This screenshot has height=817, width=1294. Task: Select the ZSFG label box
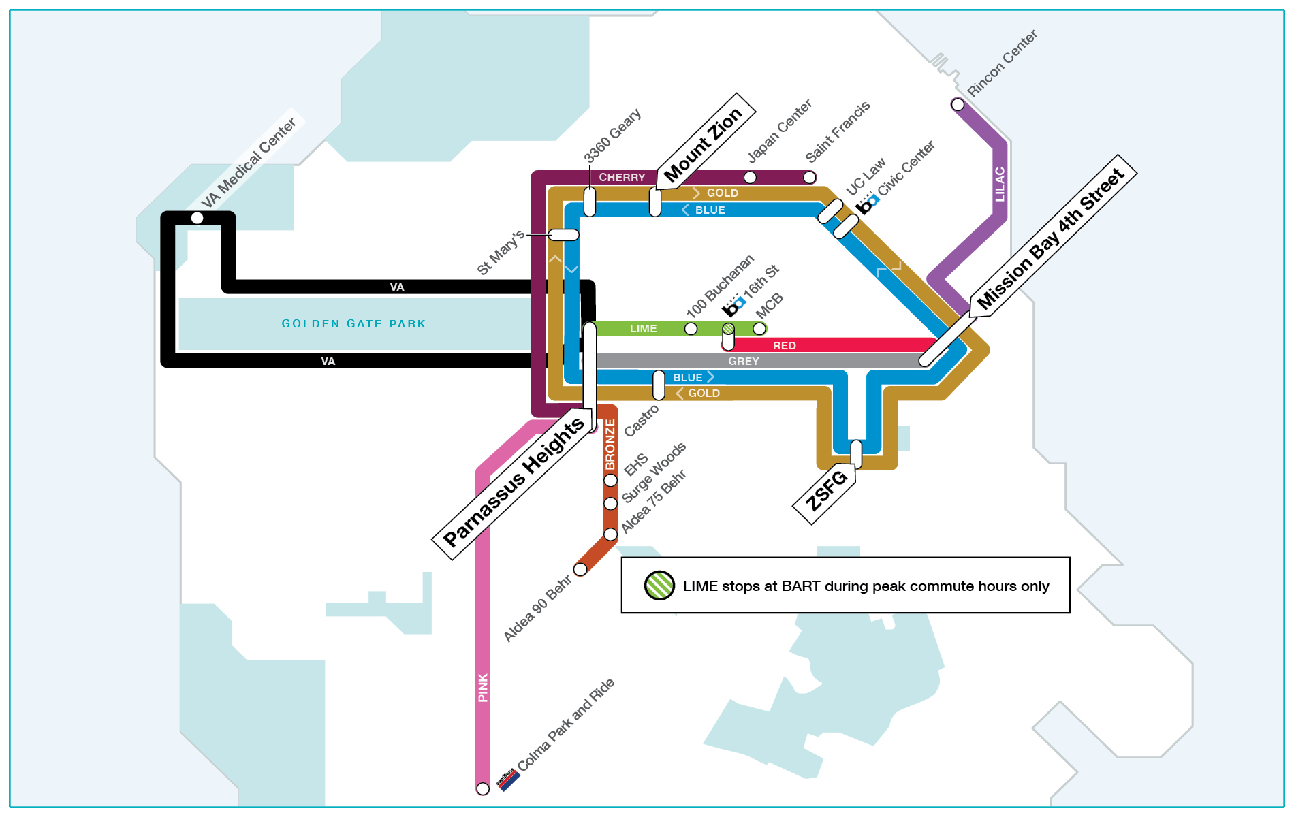[x=826, y=491]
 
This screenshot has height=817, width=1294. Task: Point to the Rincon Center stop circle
[x=958, y=105]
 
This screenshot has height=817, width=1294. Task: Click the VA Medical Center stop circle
[x=197, y=218]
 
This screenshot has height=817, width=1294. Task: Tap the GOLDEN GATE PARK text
[x=353, y=324]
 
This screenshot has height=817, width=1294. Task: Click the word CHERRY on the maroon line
[x=622, y=178]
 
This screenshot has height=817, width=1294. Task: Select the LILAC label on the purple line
[x=999, y=184]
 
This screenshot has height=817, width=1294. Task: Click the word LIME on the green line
[x=643, y=329]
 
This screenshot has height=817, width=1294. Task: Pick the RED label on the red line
[x=784, y=346]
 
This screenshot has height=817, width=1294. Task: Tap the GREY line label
[x=743, y=362]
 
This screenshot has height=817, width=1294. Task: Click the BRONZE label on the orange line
[x=610, y=444]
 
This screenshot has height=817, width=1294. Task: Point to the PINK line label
[x=483, y=688]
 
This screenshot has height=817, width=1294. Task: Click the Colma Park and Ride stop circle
[x=483, y=788]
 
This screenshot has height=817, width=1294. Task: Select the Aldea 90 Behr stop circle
[x=580, y=569]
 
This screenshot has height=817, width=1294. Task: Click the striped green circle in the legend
[x=659, y=586]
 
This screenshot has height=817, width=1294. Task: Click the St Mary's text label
[x=500, y=253]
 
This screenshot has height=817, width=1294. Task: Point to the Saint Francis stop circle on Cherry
[x=809, y=178]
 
